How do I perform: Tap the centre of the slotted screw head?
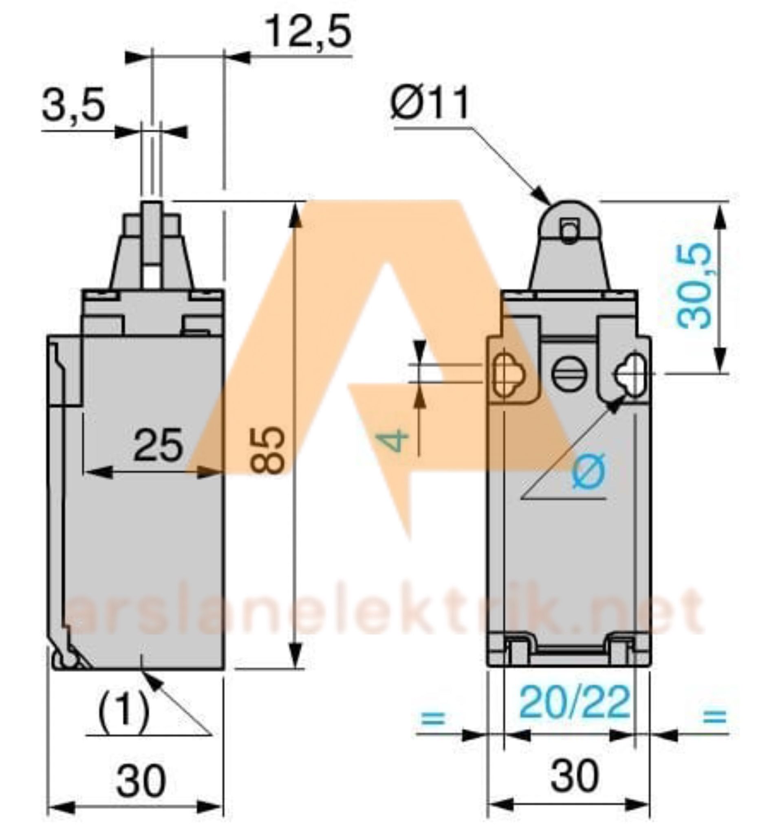[568, 373]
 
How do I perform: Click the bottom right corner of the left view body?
[224, 669]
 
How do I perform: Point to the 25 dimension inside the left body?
[158, 445]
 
